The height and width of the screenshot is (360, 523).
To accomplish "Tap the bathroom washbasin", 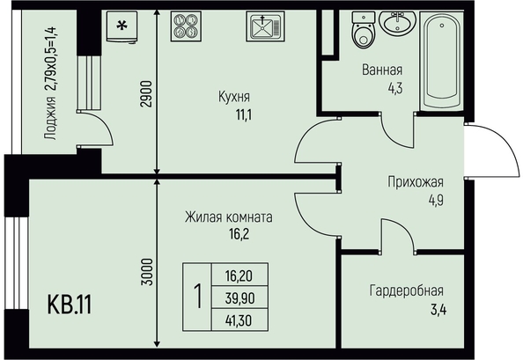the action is tap(398, 22).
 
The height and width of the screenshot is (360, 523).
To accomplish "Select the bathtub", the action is tap(442, 61).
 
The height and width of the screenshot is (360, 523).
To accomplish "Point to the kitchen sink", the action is tap(265, 26).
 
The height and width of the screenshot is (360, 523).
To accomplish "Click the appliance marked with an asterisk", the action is tap(122, 26).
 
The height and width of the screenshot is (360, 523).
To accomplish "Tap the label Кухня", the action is tap(234, 97).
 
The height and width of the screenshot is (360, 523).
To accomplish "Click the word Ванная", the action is tap(382, 70).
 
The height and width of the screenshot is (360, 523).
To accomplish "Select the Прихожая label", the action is tap(416, 182).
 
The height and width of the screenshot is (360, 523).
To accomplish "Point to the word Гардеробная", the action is tap(407, 290).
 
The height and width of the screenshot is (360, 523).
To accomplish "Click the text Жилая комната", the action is tap(229, 217).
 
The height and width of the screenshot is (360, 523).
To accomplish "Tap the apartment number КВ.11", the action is tap(70, 305).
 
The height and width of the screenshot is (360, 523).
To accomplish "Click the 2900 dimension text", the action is tap(147, 93).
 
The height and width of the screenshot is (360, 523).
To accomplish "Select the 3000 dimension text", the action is tap(147, 272).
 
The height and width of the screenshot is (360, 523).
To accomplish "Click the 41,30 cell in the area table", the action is tap(239, 320).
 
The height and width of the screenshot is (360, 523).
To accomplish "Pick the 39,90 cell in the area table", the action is tap(239, 298).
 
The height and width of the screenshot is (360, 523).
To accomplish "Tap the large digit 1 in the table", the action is tap(198, 297).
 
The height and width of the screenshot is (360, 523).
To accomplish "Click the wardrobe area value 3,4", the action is tap(438, 309).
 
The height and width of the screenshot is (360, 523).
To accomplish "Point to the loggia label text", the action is tap(51, 84).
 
